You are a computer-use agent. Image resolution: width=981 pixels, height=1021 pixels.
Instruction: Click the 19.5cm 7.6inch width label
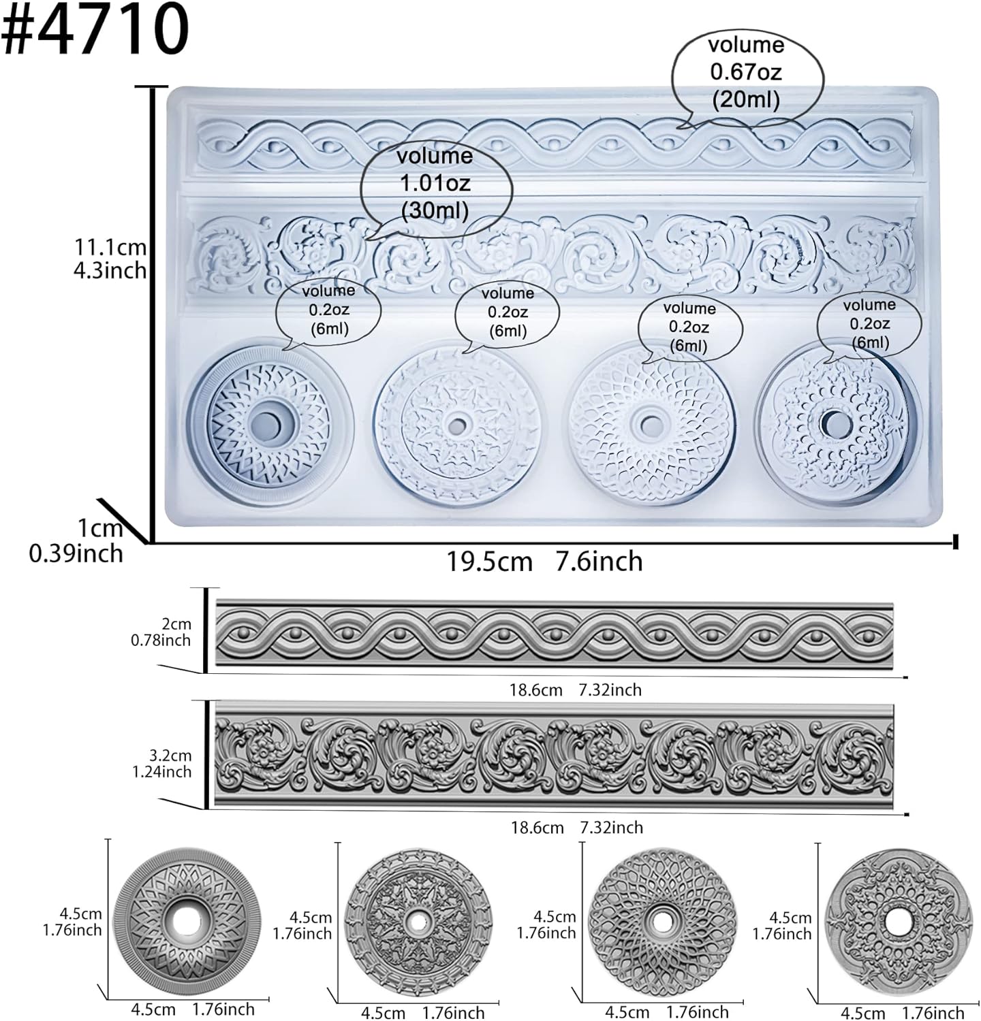(x=544, y=562)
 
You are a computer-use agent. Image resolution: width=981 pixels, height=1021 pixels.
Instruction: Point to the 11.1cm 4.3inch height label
(x=110, y=259)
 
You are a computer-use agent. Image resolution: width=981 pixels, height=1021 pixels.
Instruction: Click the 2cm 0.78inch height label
(x=161, y=632)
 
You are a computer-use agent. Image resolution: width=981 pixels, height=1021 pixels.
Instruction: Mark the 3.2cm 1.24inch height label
(x=161, y=763)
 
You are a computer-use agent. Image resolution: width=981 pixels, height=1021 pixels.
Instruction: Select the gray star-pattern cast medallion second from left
(x=418, y=923)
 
